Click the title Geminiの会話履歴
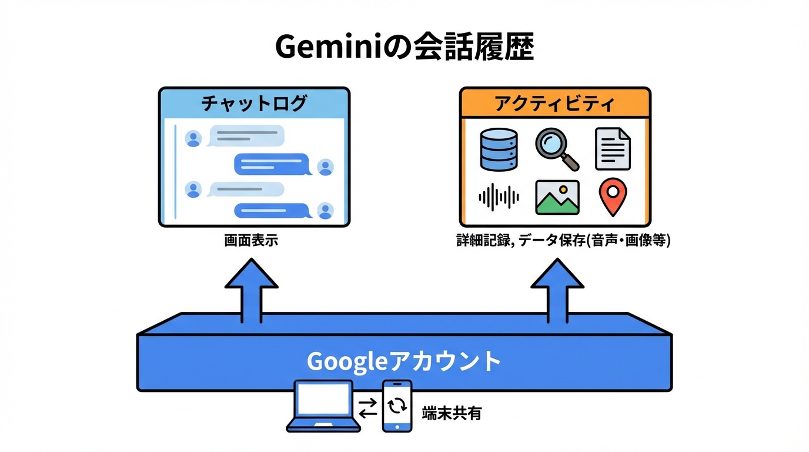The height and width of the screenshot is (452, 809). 404,47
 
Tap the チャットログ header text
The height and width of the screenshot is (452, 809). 254,104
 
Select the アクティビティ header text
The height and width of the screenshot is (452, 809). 554,104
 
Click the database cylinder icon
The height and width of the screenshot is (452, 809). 499,149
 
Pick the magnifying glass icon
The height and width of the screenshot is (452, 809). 556,149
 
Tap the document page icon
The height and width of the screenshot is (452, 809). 613,149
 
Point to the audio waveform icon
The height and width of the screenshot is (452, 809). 499,197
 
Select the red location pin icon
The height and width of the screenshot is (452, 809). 613,198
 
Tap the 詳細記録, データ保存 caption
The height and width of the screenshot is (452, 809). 563,241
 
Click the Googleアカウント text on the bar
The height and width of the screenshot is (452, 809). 404,361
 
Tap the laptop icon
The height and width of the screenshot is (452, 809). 323,406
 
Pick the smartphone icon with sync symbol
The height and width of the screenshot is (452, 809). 397,406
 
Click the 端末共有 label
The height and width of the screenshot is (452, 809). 452,413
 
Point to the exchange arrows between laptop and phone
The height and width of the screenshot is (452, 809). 368,407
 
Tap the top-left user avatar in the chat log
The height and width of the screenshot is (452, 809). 193,138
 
